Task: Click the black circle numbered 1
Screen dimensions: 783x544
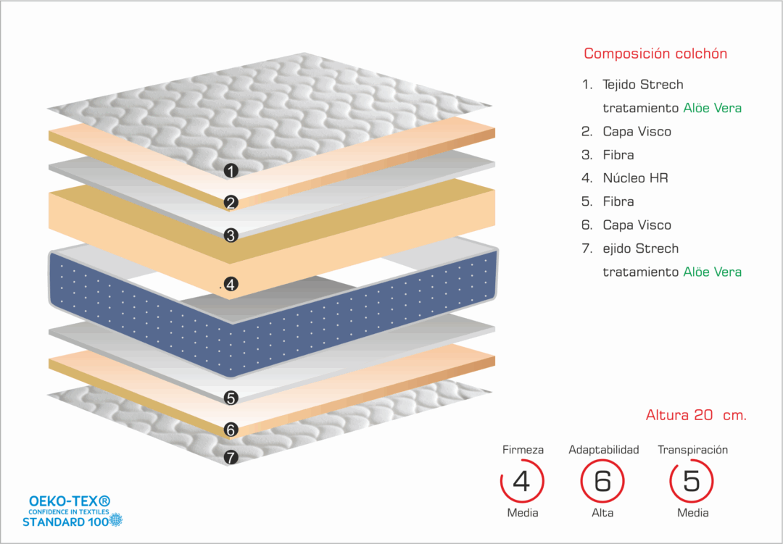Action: point(231,171)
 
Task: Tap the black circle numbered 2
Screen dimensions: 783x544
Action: point(231,203)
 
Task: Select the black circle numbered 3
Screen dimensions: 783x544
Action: point(231,235)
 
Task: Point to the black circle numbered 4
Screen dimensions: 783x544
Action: point(231,285)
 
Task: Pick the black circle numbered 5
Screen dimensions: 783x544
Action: point(231,398)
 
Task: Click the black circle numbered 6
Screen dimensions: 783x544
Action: point(231,430)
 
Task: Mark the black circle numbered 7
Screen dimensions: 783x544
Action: point(231,457)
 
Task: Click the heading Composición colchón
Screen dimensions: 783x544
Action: point(655,54)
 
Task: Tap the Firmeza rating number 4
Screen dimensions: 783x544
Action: point(522,481)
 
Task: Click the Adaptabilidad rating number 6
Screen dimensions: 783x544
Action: point(602,481)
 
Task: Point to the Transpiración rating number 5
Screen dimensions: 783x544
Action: point(692,481)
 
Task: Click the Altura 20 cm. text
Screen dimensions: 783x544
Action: point(696,415)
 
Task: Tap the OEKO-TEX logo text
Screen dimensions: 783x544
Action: point(70,501)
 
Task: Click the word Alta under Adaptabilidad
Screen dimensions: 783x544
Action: point(602,513)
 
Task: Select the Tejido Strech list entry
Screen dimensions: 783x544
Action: point(642,85)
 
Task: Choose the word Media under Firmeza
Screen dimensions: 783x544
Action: point(523,513)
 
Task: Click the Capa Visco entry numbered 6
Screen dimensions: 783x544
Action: point(637,225)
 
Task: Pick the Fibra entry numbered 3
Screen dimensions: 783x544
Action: point(618,155)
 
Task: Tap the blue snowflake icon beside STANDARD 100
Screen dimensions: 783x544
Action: point(116,519)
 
